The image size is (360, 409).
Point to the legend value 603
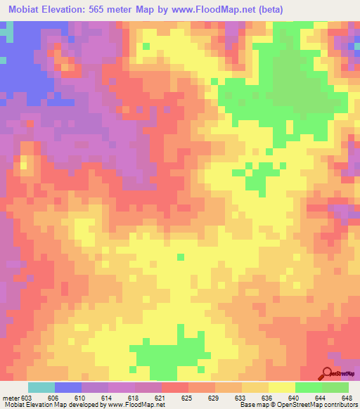[27, 398]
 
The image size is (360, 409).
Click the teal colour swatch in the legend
[41, 387]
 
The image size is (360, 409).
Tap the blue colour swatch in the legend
[67, 387]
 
